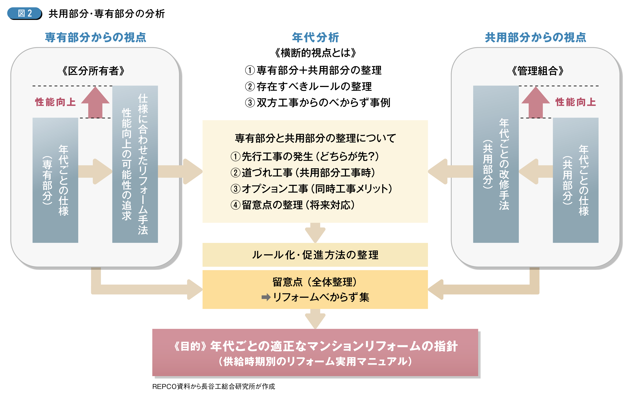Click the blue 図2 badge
pos(25,13)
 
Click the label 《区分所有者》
pos(93,71)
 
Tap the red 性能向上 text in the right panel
pos(576,102)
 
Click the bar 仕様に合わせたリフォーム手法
pos(135,164)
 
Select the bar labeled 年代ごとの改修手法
pos(496,164)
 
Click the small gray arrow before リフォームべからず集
pos(266,297)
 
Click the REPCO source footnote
pos(213,386)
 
